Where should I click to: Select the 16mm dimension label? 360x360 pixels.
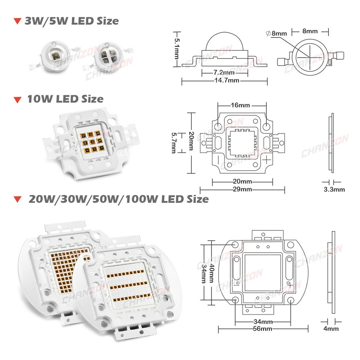(240, 105)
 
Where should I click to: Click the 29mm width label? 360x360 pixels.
(242, 189)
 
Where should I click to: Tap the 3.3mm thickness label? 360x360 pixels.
(334, 189)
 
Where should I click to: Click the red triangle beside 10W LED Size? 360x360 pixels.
(16, 100)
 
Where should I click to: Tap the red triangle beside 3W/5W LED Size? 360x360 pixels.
(16, 21)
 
